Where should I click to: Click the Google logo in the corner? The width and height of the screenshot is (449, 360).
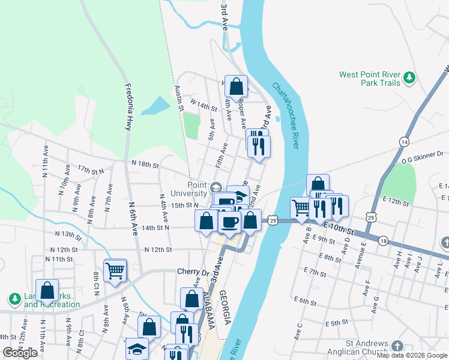point(20,353)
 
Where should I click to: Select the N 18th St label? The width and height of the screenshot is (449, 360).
point(145,164)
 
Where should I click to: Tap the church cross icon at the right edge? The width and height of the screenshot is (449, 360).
point(445,242)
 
